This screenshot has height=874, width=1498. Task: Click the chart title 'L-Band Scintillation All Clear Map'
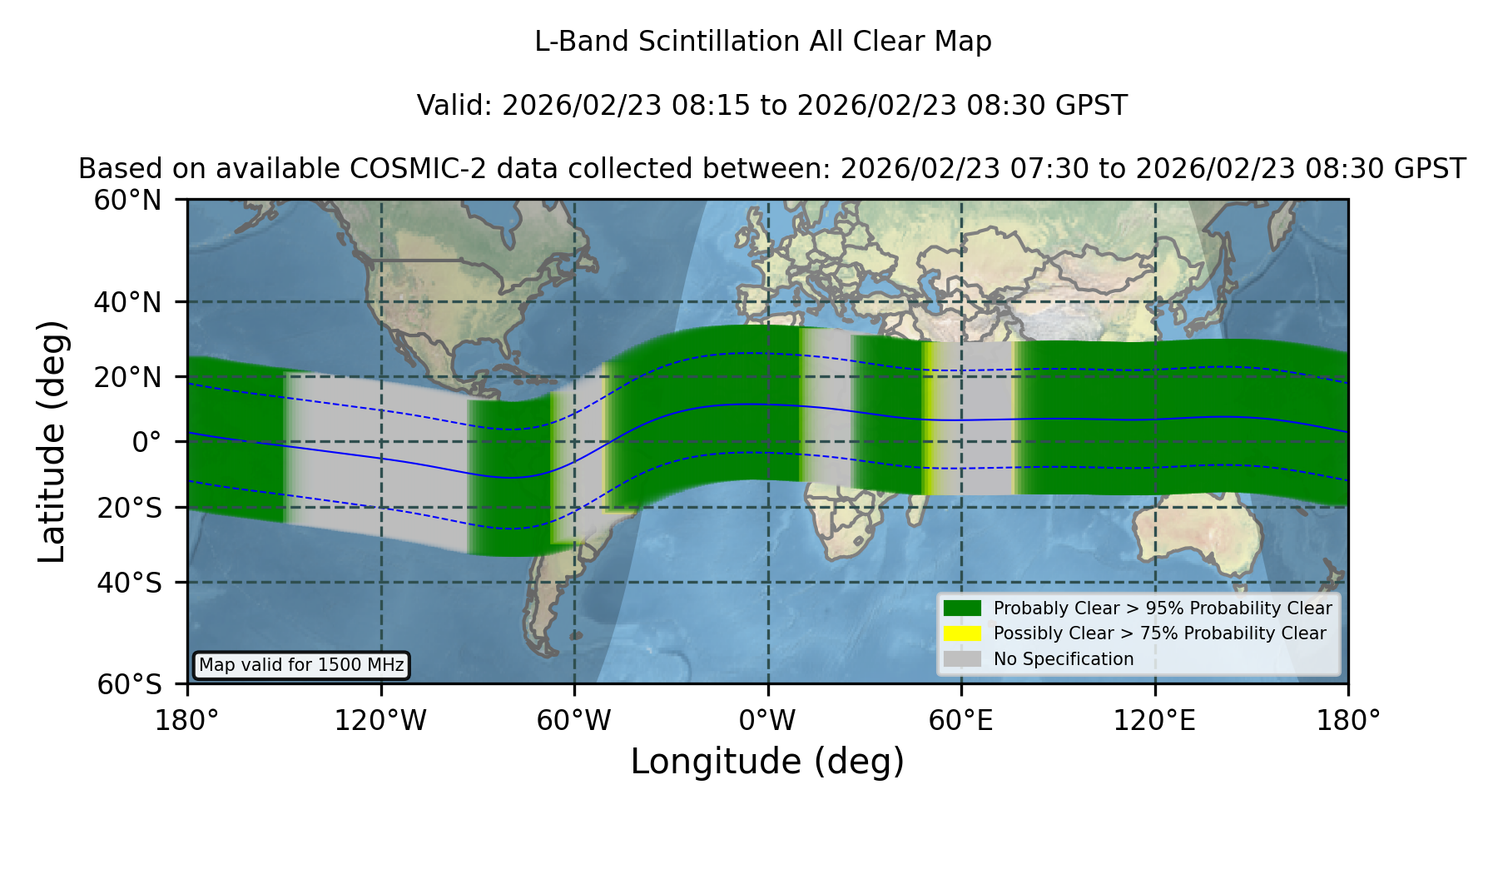pyautogui.click(x=763, y=42)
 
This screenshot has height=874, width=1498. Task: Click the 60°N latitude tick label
pyautogui.click(x=128, y=201)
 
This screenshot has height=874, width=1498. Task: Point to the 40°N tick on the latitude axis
pyautogui.click(x=128, y=302)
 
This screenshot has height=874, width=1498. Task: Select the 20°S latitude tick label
pyautogui.click(x=130, y=508)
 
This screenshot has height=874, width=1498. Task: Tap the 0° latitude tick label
pyautogui.click(x=147, y=442)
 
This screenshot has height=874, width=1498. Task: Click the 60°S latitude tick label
pyautogui.click(x=130, y=684)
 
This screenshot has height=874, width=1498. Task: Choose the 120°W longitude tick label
pyautogui.click(x=381, y=721)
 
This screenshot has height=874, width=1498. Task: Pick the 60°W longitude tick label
pyautogui.click(x=574, y=721)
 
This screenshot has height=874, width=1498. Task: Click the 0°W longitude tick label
pyautogui.click(x=768, y=721)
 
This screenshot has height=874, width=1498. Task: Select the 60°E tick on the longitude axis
pyautogui.click(x=961, y=721)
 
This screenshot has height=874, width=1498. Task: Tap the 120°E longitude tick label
pyautogui.click(x=1155, y=721)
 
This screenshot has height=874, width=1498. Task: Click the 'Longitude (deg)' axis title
pyautogui.click(x=767, y=762)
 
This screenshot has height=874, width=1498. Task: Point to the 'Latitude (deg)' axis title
pyautogui.click(x=52, y=441)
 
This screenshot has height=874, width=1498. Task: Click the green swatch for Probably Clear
pyautogui.click(x=963, y=608)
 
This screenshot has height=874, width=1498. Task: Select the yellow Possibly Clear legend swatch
pyautogui.click(x=963, y=633)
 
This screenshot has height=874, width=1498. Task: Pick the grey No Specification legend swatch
pyautogui.click(x=963, y=659)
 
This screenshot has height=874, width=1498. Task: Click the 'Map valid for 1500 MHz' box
pyautogui.click(x=301, y=665)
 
